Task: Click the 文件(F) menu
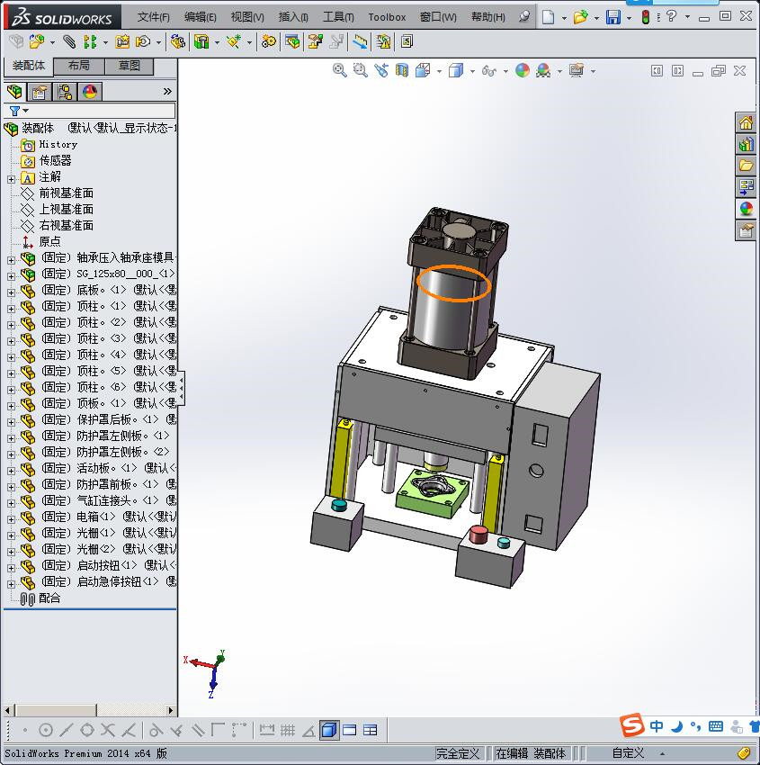[x=153, y=16]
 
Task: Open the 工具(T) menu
[x=338, y=16]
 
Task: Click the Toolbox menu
[x=387, y=16]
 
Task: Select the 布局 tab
[x=79, y=66]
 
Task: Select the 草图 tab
[x=130, y=66]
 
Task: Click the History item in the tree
[x=58, y=144]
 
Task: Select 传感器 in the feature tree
[x=55, y=160]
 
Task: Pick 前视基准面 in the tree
[x=66, y=193]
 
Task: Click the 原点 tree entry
[x=49, y=241]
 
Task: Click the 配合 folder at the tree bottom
[x=49, y=598]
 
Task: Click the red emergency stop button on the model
[x=478, y=535]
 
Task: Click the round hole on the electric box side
[x=537, y=470]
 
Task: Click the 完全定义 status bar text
[x=458, y=753]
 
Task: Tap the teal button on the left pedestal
[x=339, y=505]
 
